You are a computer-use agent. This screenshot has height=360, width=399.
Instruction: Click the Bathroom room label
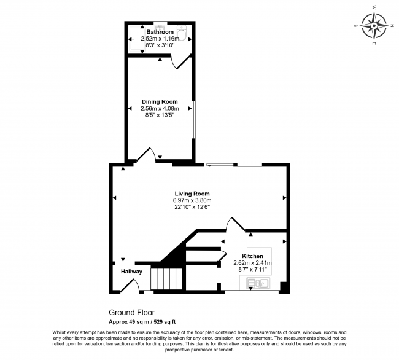[160, 31]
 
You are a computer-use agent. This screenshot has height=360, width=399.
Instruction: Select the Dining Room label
[160, 101]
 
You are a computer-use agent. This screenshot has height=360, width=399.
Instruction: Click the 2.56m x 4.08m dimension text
[160, 108]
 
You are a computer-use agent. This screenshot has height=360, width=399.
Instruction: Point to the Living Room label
[192, 194]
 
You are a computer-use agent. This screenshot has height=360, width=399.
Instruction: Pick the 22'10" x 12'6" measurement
[192, 207]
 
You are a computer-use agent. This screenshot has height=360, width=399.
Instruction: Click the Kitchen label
[253, 256]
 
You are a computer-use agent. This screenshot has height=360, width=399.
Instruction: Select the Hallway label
[131, 271]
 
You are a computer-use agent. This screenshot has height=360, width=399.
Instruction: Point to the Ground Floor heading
[131, 311]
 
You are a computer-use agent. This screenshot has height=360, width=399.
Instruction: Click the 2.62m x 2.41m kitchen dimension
[253, 262]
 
